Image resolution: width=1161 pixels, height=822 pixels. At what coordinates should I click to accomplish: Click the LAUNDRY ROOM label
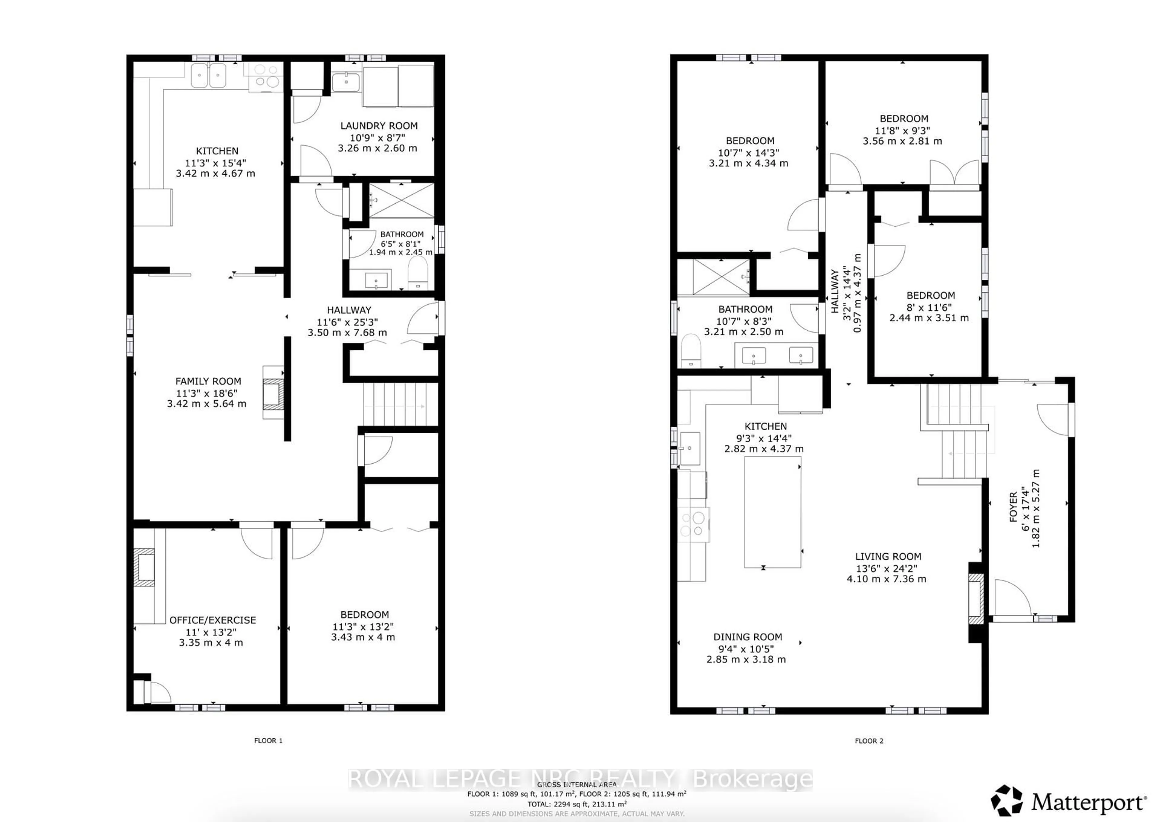point(379,125)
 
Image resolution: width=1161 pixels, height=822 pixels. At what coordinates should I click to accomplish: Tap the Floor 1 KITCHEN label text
point(217,151)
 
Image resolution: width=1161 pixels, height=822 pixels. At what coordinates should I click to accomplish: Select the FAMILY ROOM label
point(208,381)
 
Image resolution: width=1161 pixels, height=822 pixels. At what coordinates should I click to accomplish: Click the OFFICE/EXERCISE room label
point(213,620)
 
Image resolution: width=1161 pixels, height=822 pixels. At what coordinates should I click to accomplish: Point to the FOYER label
point(1013,506)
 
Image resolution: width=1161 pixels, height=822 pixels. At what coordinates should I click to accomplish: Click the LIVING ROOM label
point(888,556)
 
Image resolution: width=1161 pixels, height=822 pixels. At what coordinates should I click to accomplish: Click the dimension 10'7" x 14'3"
point(748,152)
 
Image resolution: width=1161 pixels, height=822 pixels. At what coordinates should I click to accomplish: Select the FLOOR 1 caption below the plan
point(268,740)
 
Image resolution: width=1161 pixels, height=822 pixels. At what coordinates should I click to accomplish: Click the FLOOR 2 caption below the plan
point(869,740)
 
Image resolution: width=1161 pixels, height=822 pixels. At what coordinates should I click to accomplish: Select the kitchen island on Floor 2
point(772,512)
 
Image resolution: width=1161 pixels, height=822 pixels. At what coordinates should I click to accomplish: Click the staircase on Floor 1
point(400,404)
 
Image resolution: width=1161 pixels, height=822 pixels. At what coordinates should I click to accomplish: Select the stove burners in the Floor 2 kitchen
point(693,524)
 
